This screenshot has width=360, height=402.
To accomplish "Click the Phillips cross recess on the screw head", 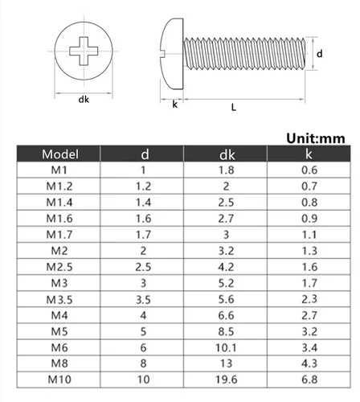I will click(84, 52).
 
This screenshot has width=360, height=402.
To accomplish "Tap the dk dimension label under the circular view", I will click(84, 100).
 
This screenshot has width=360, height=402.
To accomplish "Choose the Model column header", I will click(60, 154).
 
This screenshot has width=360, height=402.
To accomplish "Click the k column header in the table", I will click(309, 154).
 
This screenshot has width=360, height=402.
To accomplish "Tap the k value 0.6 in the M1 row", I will click(309, 170).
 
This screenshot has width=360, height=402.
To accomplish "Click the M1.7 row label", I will click(60, 235).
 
